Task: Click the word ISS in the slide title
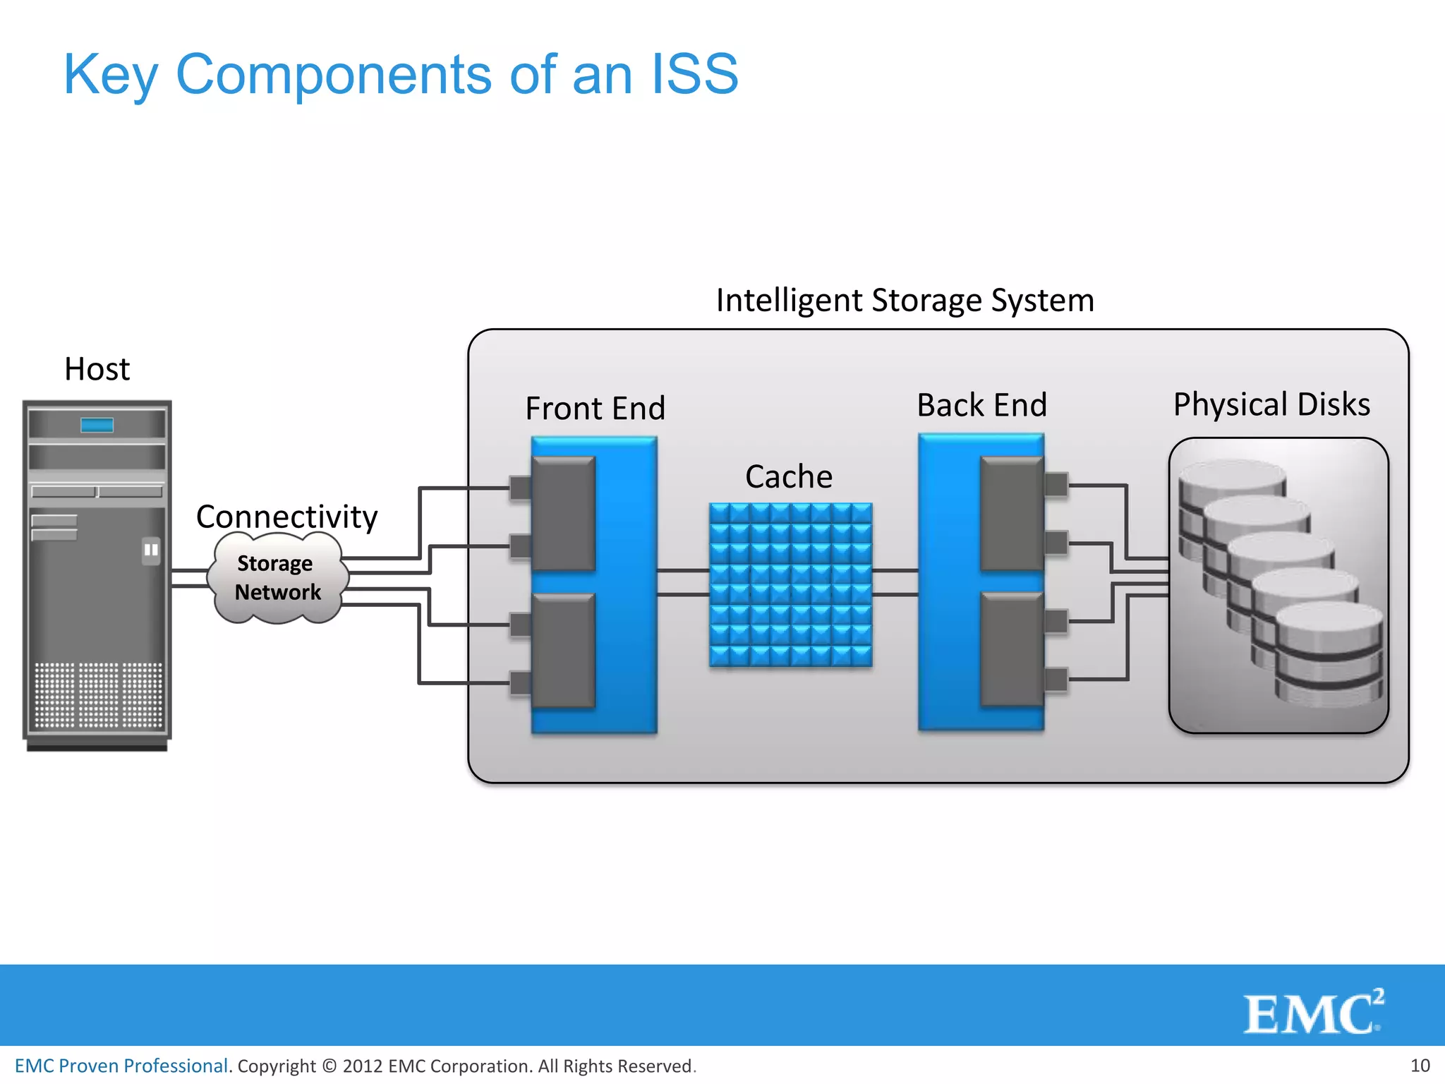694,74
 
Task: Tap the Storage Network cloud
277,578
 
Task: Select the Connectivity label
286,517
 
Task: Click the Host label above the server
97,369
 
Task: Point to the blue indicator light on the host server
97,425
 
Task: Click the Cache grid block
790,584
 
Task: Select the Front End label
595,409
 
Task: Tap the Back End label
981,405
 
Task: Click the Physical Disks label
1271,404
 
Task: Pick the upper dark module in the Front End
563,513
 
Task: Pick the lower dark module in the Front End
563,650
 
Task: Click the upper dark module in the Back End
1012,513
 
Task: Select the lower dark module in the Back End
1012,649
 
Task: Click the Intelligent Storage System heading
905,300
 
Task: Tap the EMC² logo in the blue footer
1312,1013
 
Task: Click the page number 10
1420,1066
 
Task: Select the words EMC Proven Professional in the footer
121,1066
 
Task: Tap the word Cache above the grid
789,477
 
